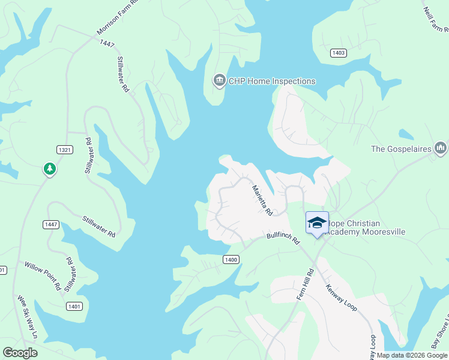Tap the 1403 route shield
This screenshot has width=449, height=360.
tap(338, 53)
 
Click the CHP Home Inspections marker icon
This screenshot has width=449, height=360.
tap(220, 80)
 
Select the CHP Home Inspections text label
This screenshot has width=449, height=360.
tap(272, 81)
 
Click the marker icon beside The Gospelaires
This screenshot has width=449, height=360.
tap(441, 147)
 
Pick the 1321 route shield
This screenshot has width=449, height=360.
tap(65, 149)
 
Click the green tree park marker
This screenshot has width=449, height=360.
tap(50, 169)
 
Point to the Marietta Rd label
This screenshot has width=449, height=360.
tap(262, 200)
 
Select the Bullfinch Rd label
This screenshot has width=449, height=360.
tap(283, 238)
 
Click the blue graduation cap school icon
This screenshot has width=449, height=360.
tap(317, 223)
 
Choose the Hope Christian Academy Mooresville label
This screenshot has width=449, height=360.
tap(366, 227)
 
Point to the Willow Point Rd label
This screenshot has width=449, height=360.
tap(42, 275)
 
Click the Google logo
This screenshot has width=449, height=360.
tap(20, 352)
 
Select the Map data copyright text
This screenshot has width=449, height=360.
tap(412, 355)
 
